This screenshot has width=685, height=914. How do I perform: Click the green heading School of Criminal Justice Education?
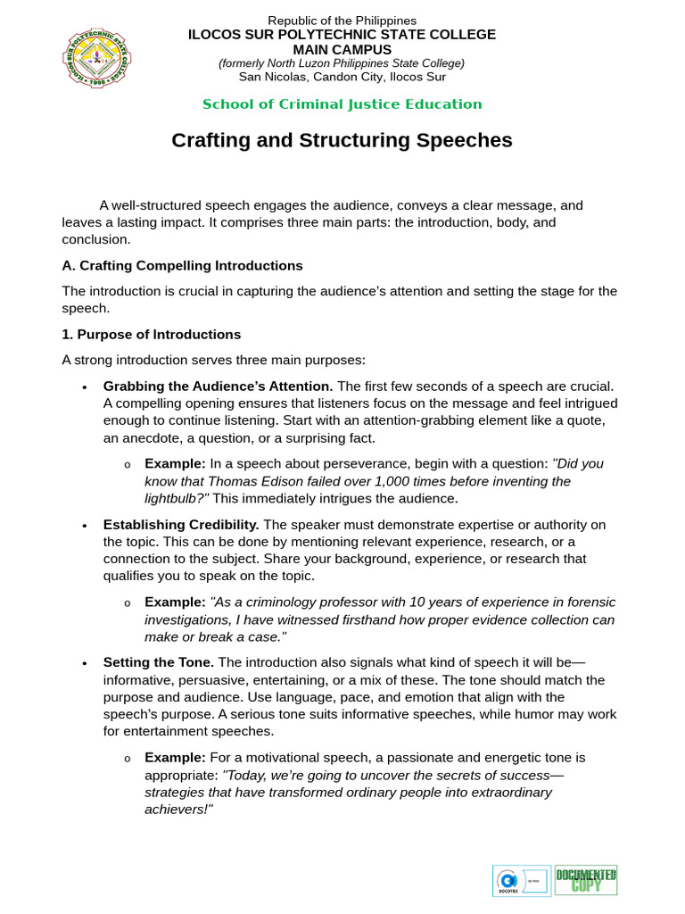click(x=342, y=104)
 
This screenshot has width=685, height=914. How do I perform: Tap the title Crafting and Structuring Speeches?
click(x=342, y=140)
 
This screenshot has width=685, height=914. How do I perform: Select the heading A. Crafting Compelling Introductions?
click(x=182, y=266)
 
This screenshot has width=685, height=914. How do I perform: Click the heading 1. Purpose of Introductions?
click(x=151, y=335)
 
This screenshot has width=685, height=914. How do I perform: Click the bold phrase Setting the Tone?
click(x=158, y=662)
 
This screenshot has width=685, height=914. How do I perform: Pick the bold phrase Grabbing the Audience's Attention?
click(x=218, y=386)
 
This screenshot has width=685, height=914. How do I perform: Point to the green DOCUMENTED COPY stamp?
click(x=586, y=880)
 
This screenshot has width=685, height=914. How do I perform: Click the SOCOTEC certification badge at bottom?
click(x=521, y=880)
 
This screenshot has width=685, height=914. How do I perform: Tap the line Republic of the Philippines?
click(x=342, y=21)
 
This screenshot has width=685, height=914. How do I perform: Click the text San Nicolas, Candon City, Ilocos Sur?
click(x=342, y=76)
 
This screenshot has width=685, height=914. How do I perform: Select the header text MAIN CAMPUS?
click(x=342, y=49)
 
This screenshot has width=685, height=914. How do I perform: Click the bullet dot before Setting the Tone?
click(x=84, y=664)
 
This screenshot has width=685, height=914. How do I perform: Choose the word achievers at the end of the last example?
click(x=177, y=810)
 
